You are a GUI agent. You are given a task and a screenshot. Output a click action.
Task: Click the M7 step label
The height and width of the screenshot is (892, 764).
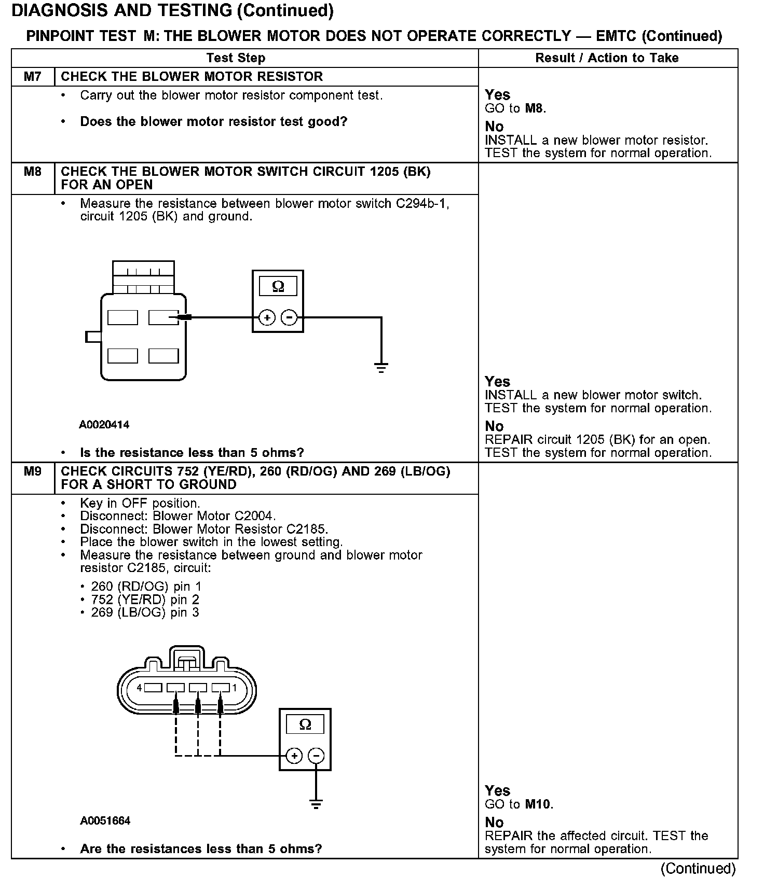pos(32,77)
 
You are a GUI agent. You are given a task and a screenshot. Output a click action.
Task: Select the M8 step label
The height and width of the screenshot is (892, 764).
pos(32,171)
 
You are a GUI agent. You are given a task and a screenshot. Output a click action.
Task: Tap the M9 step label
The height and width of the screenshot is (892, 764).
pos(32,471)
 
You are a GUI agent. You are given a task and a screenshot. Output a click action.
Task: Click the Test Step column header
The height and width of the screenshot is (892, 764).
pos(236,58)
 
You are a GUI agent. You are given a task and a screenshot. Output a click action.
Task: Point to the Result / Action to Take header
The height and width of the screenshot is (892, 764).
pos(607,58)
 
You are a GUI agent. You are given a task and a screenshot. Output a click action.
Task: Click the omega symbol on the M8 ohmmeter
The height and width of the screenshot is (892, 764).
pos(278,286)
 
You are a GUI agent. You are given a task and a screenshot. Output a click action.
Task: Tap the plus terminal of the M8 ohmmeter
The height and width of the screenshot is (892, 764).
pos(266,317)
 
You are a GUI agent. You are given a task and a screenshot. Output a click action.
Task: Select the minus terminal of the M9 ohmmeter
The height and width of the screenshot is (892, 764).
pos(316,756)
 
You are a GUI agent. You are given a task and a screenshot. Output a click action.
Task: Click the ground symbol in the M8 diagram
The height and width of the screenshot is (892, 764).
pos(381,368)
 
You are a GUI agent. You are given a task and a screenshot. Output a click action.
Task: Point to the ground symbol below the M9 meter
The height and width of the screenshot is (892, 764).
pos(316,804)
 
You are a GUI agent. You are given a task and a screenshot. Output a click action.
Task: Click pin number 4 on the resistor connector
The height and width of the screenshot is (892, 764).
pos(139,688)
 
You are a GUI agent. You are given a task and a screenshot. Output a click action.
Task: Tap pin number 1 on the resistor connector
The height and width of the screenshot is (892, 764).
pos(235,688)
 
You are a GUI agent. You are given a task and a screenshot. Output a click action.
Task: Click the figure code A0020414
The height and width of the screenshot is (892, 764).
pos(104,425)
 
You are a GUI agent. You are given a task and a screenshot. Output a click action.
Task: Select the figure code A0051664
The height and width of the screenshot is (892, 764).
pos(105,820)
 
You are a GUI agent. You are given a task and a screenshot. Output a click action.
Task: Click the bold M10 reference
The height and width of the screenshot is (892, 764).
pos(538,804)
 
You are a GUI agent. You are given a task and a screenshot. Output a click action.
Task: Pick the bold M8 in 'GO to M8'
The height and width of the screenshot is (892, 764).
pos(535,108)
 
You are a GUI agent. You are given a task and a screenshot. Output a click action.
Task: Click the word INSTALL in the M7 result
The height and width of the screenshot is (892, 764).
pos(510,140)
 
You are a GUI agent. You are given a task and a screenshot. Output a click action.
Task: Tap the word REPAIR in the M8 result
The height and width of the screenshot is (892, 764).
pos(509,440)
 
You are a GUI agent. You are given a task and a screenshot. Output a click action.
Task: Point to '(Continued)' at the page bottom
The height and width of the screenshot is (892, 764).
pos(698,869)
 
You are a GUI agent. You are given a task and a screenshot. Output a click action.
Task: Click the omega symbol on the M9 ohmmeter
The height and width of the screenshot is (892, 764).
pos(305,724)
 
